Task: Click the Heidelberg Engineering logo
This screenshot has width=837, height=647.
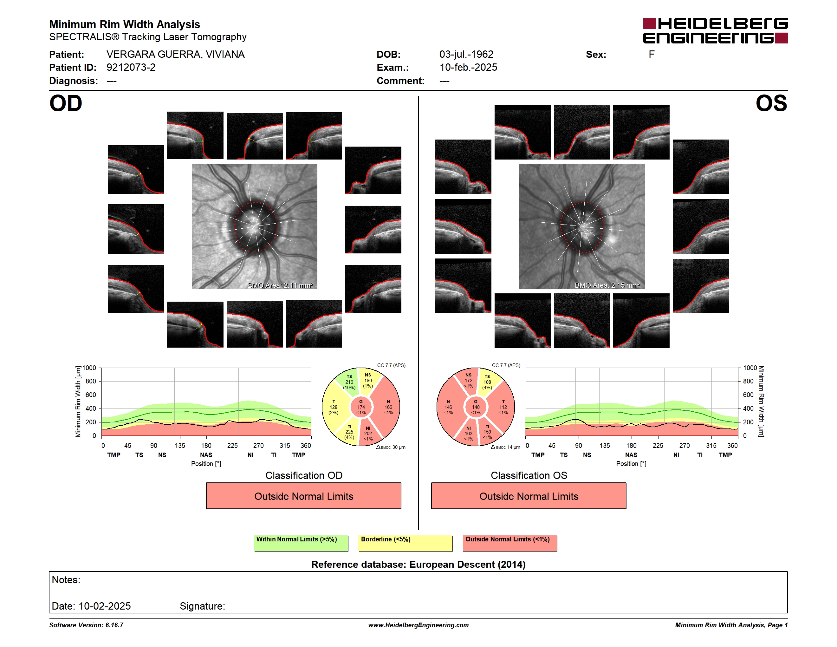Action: click(715, 31)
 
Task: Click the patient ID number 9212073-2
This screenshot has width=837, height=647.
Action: click(131, 68)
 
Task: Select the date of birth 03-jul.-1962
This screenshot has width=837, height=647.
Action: click(466, 55)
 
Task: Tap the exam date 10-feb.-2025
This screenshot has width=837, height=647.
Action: click(468, 68)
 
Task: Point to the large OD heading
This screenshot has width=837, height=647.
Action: click(66, 103)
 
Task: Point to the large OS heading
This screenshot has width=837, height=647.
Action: click(771, 103)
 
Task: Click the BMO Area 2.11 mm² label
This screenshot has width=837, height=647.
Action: click(280, 285)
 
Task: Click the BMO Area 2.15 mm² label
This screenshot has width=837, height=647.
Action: click(607, 285)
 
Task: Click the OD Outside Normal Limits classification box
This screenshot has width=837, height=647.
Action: click(303, 496)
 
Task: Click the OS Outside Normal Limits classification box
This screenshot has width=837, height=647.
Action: click(529, 496)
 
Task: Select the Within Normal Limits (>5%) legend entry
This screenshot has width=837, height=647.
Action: click(301, 543)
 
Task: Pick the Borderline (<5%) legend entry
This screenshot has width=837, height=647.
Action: click(405, 543)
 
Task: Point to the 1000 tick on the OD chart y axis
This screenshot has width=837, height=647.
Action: click(89, 368)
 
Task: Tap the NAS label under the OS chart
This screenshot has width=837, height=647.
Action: click(631, 455)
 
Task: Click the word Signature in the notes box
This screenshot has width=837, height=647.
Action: click(202, 606)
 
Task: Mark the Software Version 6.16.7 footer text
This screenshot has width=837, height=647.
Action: click(86, 625)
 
